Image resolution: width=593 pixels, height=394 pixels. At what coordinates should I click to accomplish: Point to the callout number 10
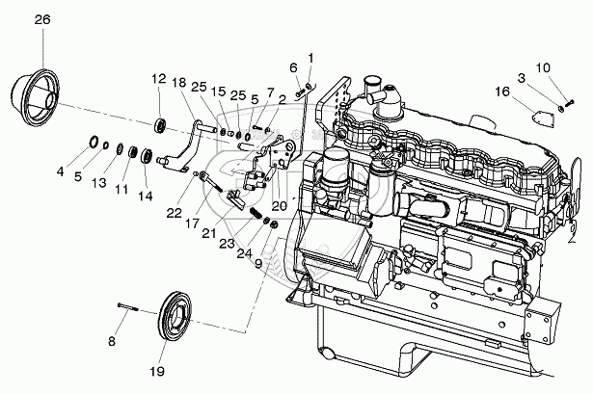[542, 67]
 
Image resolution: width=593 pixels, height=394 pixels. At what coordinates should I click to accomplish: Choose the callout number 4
[60, 173]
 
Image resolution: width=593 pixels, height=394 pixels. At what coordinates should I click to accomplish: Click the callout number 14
[145, 196]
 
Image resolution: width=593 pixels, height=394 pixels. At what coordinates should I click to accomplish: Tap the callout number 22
[174, 213]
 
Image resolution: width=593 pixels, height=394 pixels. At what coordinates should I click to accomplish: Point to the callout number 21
[207, 233]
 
